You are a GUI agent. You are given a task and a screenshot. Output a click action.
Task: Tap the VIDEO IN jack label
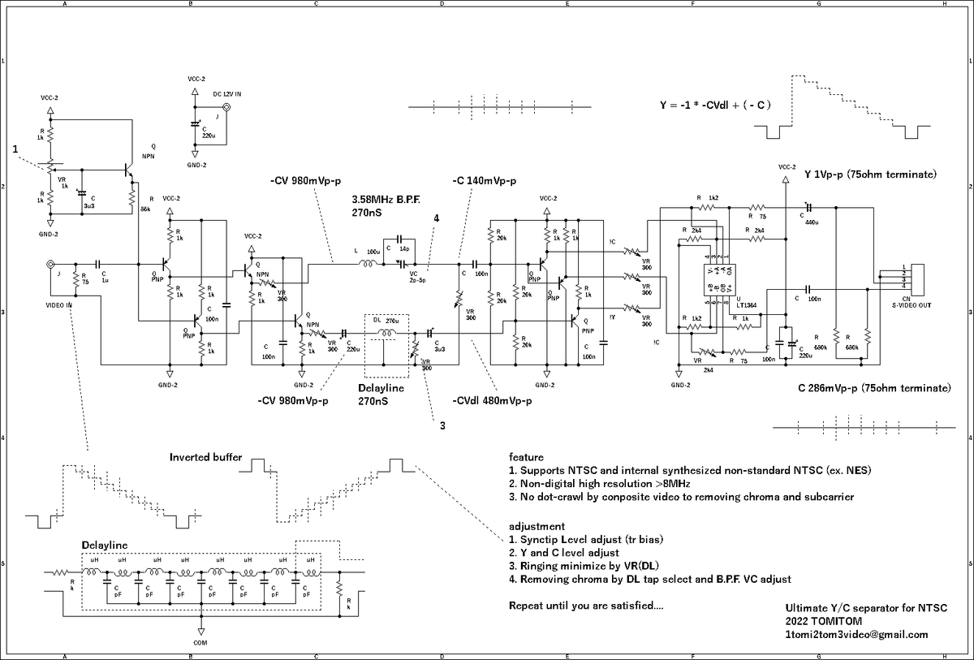pos(58,304)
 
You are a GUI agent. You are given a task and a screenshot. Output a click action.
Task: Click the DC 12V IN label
pos(228,94)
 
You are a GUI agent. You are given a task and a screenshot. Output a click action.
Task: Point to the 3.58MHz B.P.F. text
pos(386,198)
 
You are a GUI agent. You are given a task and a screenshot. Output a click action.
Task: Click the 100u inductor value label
pos(373,252)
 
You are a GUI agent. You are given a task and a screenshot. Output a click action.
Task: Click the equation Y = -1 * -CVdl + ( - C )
pos(714,106)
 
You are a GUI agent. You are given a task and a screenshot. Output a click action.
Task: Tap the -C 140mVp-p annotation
pos(485,180)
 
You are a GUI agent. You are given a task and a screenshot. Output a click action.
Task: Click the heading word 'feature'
pos(526,457)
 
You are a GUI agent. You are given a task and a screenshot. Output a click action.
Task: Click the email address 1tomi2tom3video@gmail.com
pos(856,635)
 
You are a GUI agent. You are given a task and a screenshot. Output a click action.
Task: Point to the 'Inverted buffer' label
pos(205,458)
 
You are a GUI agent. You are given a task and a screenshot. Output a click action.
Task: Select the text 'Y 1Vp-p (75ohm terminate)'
pos(871,175)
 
